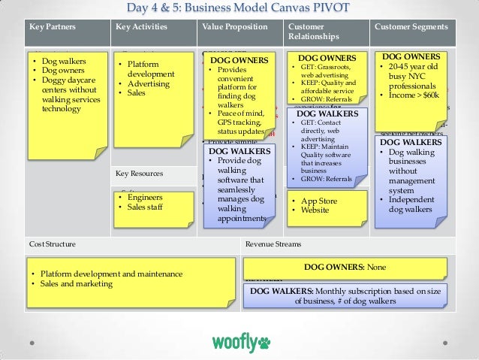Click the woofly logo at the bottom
(240, 343)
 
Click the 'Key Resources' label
(139, 174)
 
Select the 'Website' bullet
(315, 210)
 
